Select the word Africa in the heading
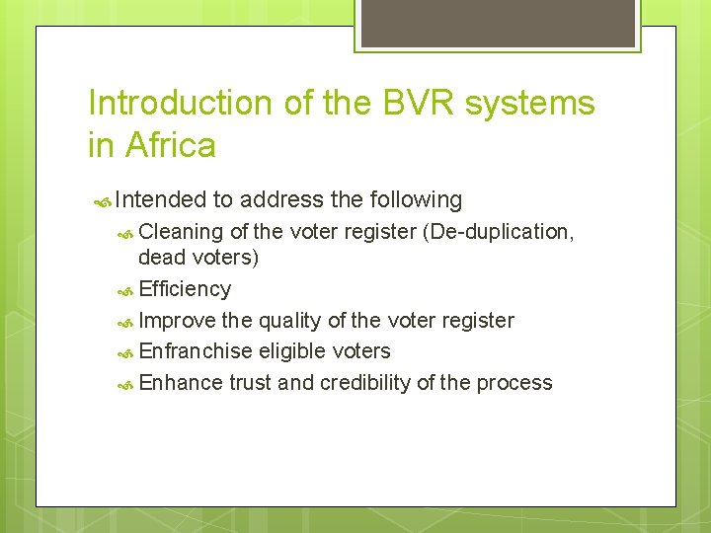170,146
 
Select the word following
415,200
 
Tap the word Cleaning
182,232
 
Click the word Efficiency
185,289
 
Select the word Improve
178,321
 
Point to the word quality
293,321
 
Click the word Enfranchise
197,351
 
